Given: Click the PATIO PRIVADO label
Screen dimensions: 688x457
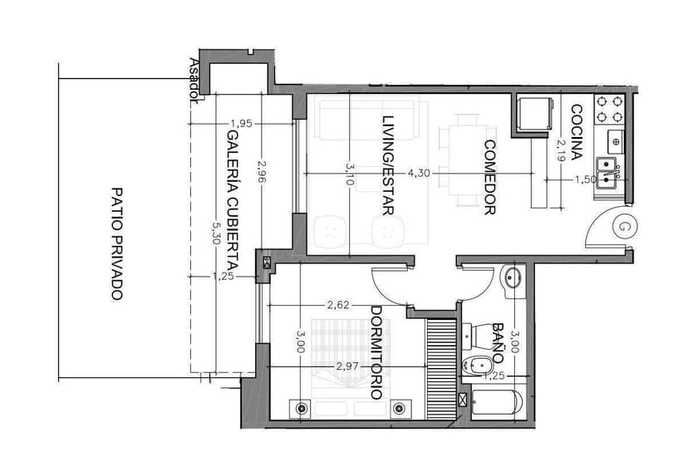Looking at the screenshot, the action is tap(116, 243).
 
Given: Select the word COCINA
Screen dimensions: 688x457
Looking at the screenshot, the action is tap(577, 132).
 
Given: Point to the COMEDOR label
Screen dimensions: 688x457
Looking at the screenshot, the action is tap(489, 177).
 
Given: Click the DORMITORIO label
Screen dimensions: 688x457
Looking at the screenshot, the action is tap(376, 352).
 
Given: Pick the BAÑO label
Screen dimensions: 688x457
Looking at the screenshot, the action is tap(498, 343).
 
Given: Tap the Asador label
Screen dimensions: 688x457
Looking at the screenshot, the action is tap(194, 81).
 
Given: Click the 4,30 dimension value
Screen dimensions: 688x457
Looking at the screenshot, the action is tap(419, 173).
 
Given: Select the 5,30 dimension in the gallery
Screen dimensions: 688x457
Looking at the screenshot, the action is tap(215, 233).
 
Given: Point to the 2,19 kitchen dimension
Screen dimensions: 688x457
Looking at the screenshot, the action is tap(560, 150).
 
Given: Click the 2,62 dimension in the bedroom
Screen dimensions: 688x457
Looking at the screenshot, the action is tap(338, 305).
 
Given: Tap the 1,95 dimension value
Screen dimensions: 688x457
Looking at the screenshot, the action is tap(242, 124).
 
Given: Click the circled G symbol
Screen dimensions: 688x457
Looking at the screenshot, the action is tap(623, 227).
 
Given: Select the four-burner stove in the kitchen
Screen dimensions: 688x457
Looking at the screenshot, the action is tap(609, 109).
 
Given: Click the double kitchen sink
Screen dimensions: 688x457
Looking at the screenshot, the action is tap(607, 173).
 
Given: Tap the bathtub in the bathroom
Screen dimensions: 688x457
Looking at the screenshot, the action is tap(497, 402).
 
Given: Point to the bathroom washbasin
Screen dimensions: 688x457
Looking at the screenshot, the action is tap(514, 278).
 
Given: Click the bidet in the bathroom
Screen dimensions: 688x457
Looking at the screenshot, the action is tap(476, 365).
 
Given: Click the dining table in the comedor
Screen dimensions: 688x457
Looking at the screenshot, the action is tap(467, 160).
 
